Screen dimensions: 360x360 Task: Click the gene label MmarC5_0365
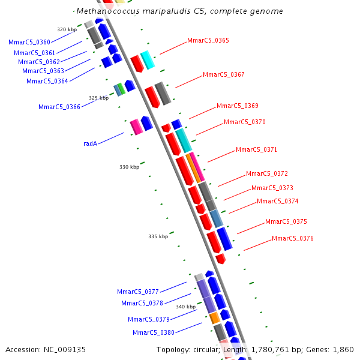pos(208,40)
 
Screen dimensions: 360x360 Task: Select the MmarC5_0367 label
pos(223,74)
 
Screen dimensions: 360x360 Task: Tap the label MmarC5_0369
pos(237,106)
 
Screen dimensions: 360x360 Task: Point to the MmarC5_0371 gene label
pos(256,149)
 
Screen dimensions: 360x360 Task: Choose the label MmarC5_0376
pos(292,238)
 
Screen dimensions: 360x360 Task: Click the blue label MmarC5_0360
pos(29,42)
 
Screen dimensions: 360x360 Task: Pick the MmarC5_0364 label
pos(47,81)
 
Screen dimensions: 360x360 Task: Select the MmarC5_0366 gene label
pos(59,107)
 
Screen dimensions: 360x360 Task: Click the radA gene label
pos(90,143)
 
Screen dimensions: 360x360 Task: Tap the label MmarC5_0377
pos(138,292)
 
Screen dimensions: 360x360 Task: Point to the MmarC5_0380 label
pos(154,332)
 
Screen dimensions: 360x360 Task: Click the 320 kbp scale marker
pos(67,29)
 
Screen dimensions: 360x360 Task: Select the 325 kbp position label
pos(98,98)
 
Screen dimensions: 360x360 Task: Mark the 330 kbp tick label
pos(129,167)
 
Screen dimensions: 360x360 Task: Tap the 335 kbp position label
pos(158,236)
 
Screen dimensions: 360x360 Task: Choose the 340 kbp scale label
pos(185,307)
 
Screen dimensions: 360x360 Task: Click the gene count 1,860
pos(343,349)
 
